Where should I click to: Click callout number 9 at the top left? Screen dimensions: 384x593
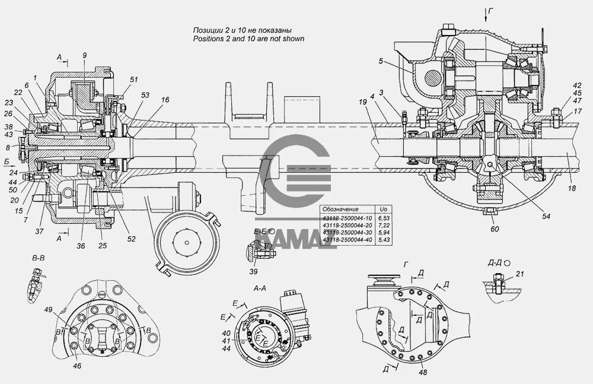(x=84, y=55)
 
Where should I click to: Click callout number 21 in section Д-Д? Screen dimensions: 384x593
(x=521, y=274)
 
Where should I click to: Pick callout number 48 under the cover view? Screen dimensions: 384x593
(x=423, y=372)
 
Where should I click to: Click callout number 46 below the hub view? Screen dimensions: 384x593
(x=77, y=366)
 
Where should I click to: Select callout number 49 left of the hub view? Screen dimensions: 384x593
(x=48, y=309)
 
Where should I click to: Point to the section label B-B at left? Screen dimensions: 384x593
(x=39, y=259)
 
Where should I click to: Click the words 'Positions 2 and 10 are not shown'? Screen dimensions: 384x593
(x=248, y=39)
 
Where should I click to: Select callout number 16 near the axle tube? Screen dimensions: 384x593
(x=164, y=100)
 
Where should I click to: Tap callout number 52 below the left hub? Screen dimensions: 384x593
(x=131, y=239)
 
